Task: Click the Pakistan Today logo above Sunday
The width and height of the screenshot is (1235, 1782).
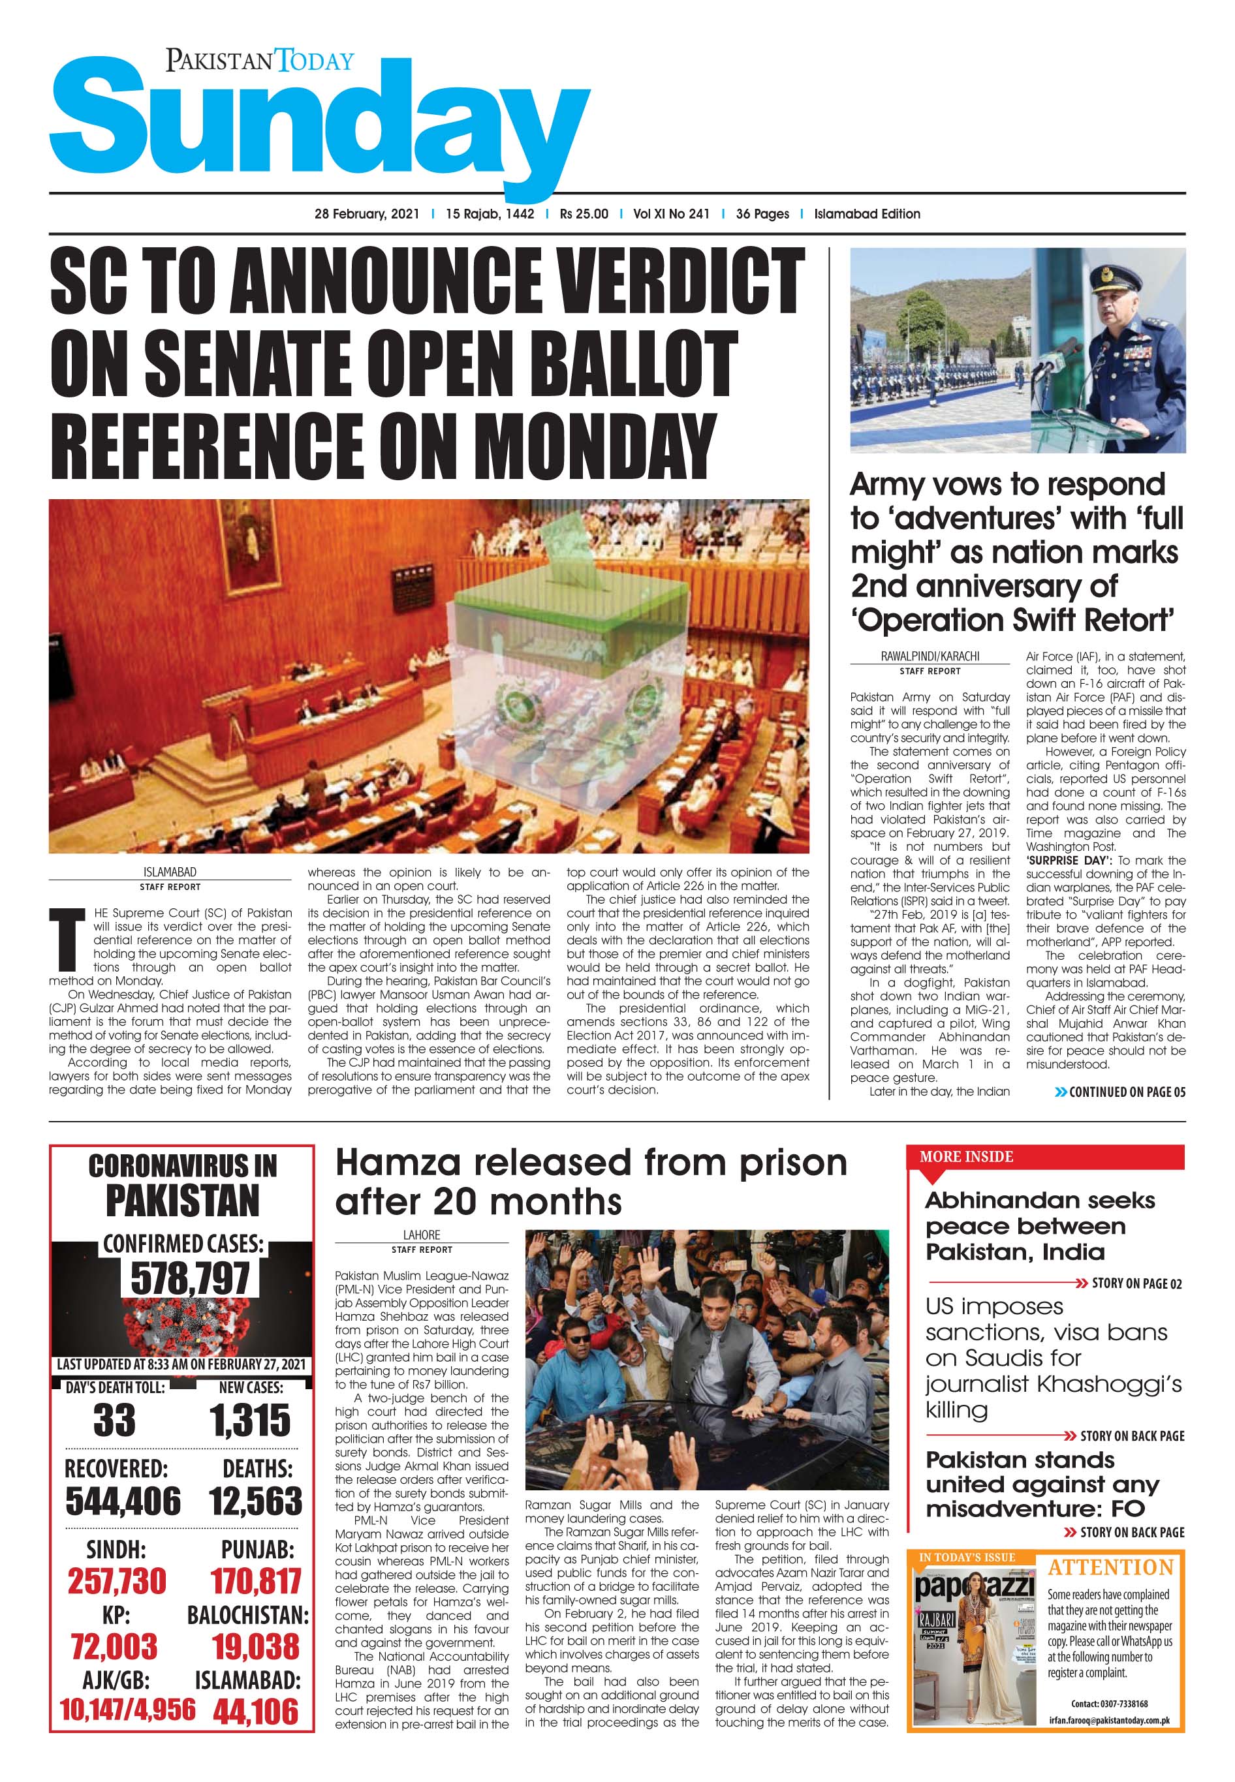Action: coord(259,59)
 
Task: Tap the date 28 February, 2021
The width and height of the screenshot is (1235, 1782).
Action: coord(367,214)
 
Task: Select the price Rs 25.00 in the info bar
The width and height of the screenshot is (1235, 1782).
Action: coord(584,214)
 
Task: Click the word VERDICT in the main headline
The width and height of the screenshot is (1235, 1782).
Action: coord(680,283)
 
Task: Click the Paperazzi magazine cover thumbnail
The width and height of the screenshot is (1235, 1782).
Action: coord(973,1640)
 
